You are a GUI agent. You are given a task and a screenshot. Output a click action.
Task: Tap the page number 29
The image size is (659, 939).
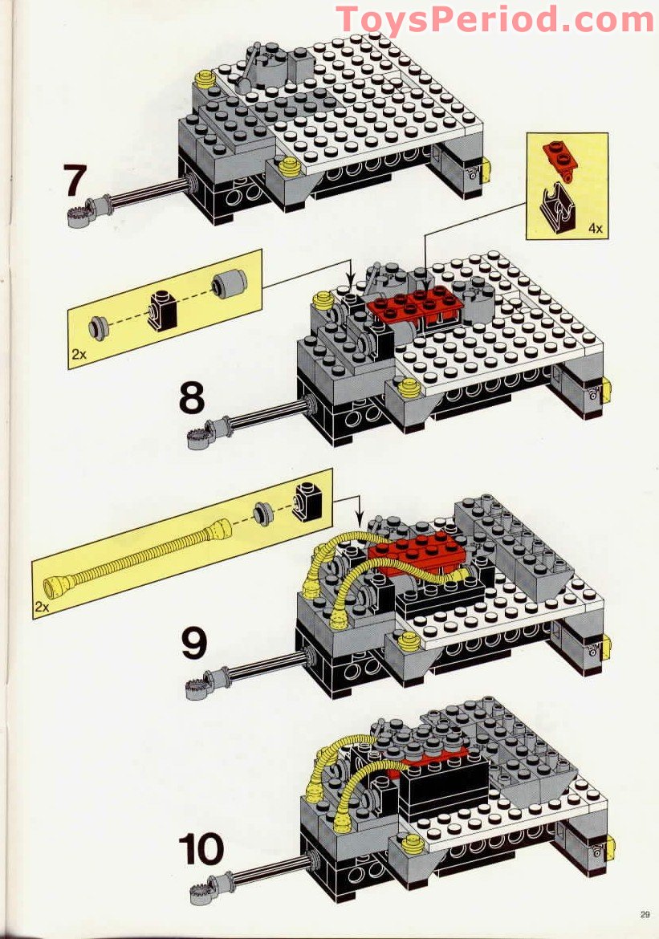(645, 914)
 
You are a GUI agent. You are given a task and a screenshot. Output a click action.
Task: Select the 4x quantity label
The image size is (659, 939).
(595, 229)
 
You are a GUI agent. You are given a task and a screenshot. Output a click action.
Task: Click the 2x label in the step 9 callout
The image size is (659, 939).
(42, 607)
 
